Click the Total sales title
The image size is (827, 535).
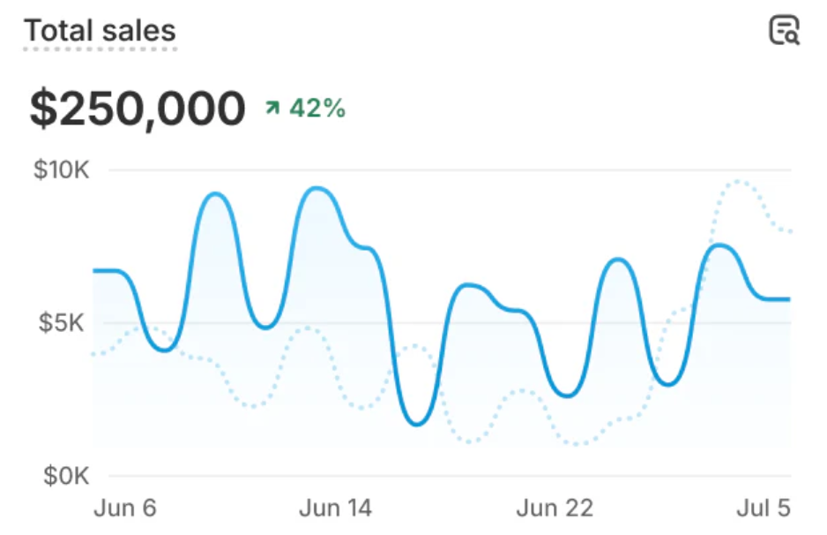100,31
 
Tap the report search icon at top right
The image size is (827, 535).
783,30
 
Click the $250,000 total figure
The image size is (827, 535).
137,109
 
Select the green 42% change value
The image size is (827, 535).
317,109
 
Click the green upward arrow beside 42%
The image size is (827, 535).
272,109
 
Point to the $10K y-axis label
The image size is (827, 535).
61,170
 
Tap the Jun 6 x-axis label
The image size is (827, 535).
124,509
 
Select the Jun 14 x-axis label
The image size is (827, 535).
335,509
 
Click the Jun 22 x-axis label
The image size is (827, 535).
555,509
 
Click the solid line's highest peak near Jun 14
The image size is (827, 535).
317,189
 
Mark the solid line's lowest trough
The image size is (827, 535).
418,424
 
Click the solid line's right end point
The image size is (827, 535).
789,299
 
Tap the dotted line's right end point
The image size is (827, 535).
790,232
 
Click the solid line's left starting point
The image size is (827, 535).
94,270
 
